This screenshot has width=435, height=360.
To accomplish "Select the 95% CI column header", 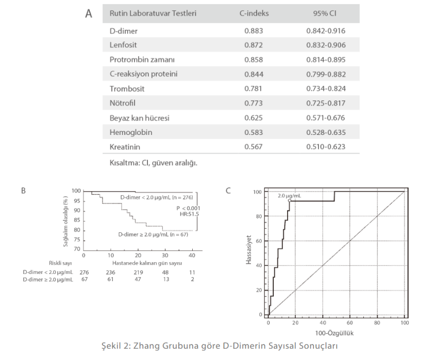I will point(325,13).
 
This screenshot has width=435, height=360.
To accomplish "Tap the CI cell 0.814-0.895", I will point(325,60).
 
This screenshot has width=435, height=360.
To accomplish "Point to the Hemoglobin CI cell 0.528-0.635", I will point(325,132).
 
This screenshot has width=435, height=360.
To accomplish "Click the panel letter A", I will point(89,13).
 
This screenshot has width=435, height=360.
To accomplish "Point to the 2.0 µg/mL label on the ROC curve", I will point(290,196).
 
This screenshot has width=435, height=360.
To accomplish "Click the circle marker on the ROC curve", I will point(290,200).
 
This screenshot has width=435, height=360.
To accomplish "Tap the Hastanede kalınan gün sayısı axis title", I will point(138,263).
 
